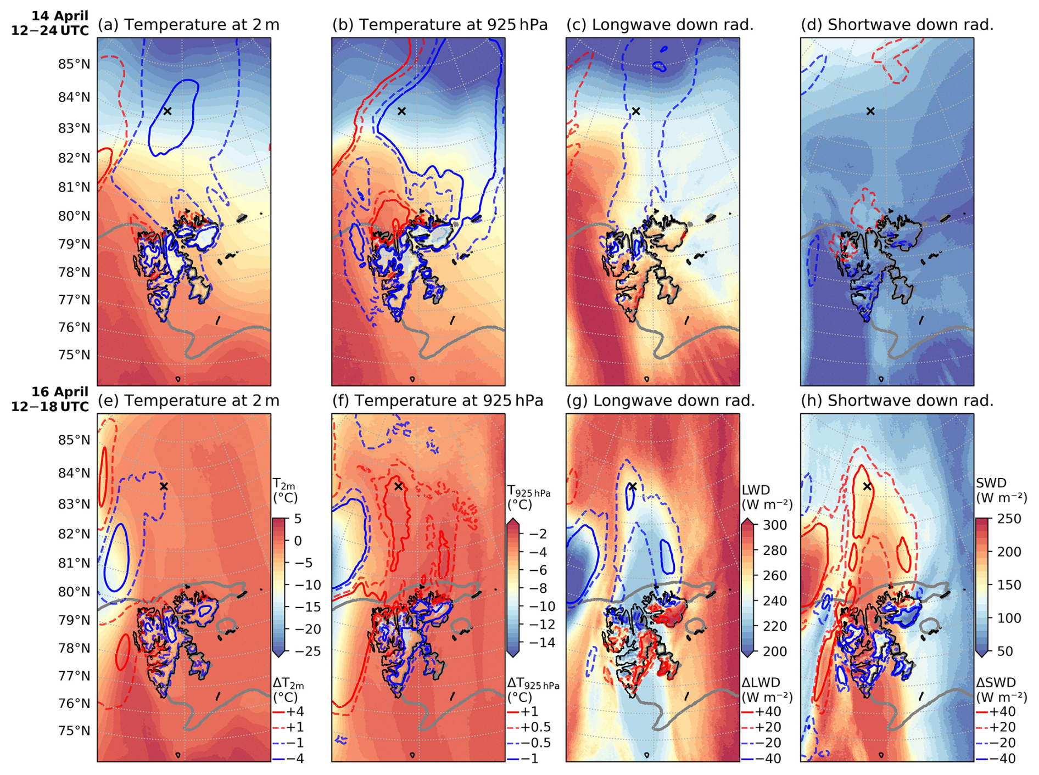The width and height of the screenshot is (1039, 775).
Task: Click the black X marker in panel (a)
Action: point(167,111)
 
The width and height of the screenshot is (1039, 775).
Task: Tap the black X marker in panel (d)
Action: point(870,111)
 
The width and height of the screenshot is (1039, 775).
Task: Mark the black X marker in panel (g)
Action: point(633,486)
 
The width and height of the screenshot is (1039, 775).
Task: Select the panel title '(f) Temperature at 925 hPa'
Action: point(438,401)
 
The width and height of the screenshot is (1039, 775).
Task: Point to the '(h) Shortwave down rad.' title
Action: point(897,401)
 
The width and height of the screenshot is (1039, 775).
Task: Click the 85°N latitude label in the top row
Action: point(74,64)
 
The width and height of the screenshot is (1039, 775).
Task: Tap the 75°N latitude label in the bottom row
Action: point(74,731)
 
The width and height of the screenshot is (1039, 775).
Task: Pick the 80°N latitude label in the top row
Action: point(74,216)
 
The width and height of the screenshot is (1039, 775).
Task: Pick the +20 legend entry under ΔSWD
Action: point(1001,727)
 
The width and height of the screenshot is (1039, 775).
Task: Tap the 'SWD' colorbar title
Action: point(991,483)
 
